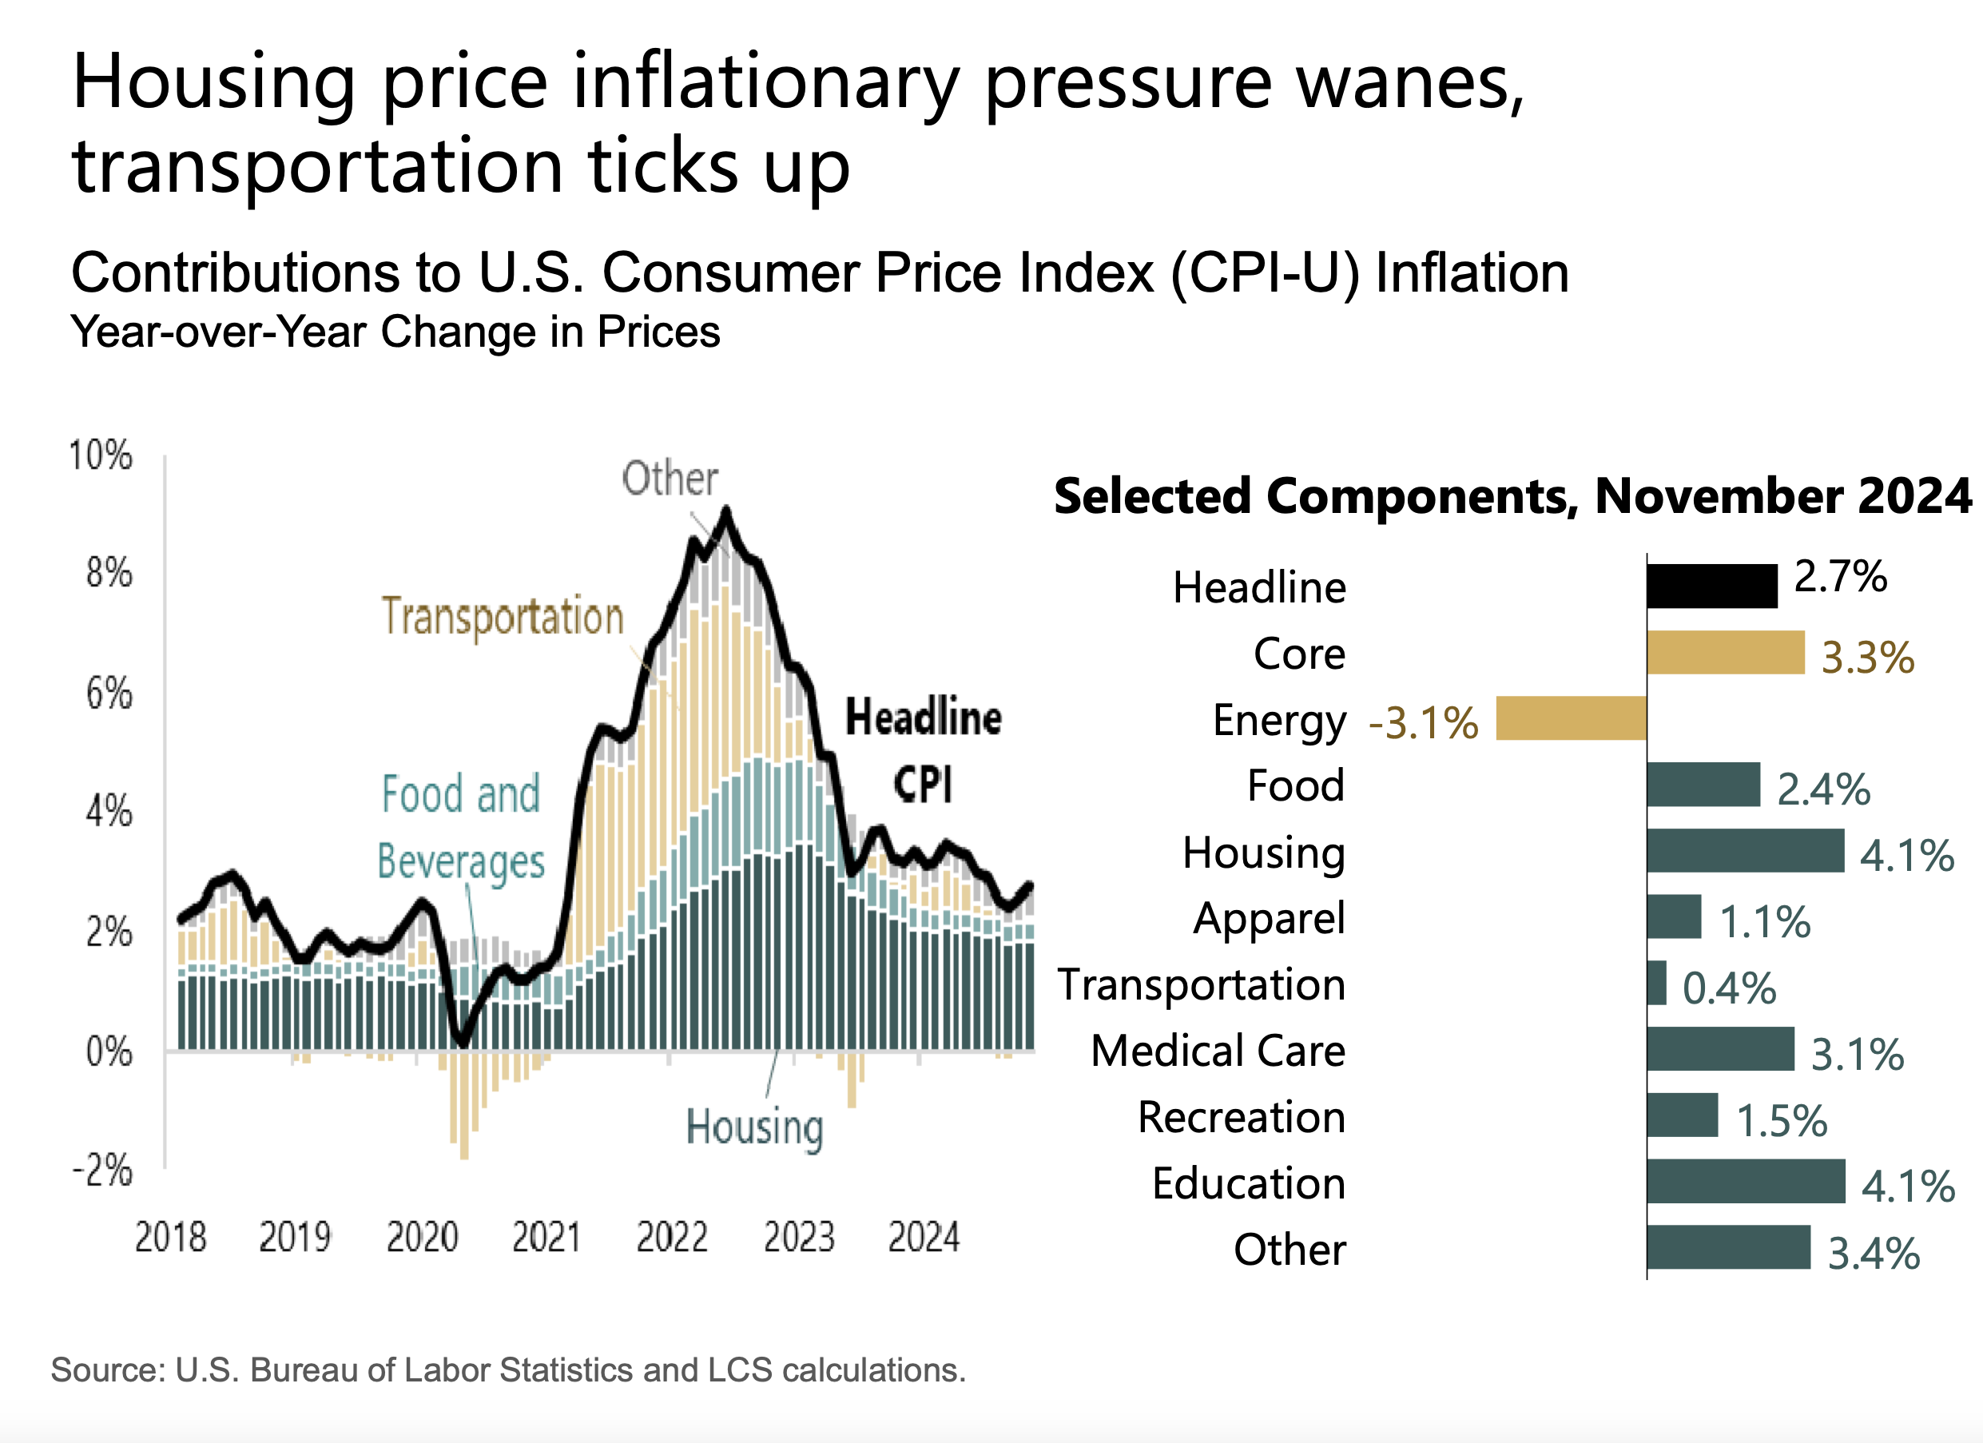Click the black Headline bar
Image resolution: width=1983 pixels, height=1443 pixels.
point(1711,586)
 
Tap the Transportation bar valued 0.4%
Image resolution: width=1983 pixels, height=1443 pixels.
point(1656,983)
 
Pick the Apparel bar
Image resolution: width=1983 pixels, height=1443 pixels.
point(1674,916)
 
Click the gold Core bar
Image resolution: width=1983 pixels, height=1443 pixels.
point(1725,653)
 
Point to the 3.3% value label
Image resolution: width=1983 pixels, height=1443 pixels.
point(1866,658)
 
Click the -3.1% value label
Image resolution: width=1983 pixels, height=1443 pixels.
point(1423,723)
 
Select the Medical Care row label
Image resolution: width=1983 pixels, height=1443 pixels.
point(1218,1051)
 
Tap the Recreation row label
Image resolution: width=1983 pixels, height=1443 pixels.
point(1241,1117)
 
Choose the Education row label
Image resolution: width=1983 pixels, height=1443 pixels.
point(1249,1183)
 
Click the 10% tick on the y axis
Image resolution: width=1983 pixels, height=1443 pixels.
point(101,455)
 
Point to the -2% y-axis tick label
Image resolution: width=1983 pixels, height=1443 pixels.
point(102,1171)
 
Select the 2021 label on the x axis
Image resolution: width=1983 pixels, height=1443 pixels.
point(546,1238)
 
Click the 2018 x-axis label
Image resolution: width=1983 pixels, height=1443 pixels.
point(170,1238)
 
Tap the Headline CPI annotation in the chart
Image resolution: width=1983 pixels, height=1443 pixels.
point(924,749)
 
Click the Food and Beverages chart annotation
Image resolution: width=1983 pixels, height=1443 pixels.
point(462,826)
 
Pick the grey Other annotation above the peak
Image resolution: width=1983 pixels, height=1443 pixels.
point(670,479)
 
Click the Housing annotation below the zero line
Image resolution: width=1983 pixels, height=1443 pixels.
point(754,1127)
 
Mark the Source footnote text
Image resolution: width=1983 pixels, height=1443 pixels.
point(508,1369)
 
